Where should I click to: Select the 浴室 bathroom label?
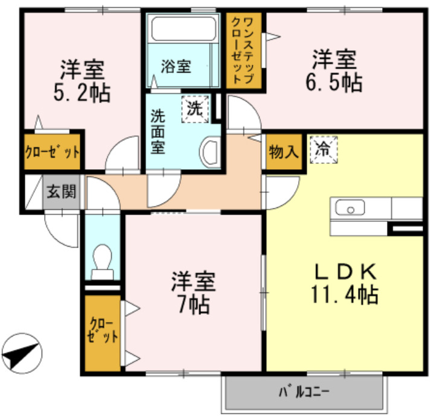[176, 66]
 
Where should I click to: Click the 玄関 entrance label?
[61, 193]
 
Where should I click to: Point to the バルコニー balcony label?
[304, 392]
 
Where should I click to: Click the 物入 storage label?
[283, 152]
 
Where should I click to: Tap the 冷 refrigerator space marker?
[324, 149]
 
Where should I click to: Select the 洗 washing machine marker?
[194, 109]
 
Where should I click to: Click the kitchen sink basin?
[350, 210]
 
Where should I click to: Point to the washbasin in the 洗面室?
[211, 151]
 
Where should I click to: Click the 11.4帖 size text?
[345, 294]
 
